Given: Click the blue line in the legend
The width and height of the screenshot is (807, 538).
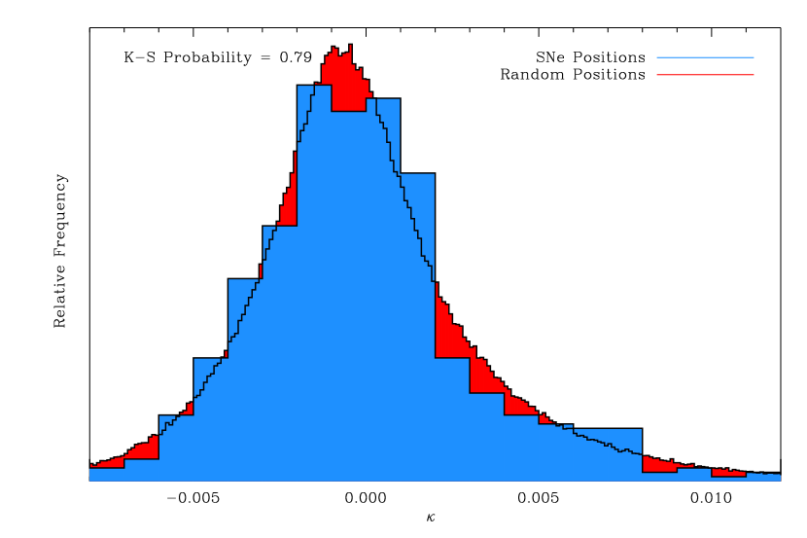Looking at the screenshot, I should (705, 57).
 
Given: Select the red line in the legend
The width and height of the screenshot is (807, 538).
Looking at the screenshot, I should (705, 75).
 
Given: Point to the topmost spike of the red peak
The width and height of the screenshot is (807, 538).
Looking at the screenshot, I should (350, 47).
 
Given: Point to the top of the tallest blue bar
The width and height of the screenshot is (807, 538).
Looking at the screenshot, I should (314, 88).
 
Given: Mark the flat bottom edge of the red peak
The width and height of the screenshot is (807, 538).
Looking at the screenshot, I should (348, 109).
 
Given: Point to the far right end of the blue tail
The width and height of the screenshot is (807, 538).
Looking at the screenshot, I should (778, 477).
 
